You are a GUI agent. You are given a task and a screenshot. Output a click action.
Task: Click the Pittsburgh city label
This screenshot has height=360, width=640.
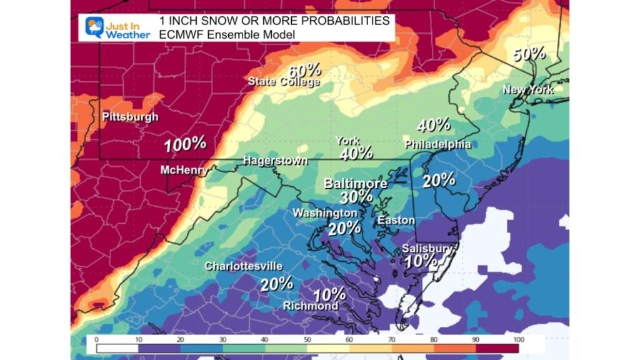coord(130,117)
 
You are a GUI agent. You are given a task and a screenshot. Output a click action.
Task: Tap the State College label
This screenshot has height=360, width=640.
coord(284,81)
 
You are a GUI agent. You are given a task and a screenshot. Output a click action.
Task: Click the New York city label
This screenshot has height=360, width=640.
coord(527,90)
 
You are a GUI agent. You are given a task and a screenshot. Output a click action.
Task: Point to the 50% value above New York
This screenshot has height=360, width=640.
coord(529,54)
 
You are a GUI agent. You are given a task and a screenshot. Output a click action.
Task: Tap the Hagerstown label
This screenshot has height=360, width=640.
coord(275,161)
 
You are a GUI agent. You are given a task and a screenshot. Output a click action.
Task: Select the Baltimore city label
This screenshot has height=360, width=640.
coord(355,184)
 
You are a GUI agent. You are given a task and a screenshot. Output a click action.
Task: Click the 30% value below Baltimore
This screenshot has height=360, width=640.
coord(356,198)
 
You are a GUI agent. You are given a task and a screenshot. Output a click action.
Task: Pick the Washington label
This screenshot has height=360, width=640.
coord(325,213)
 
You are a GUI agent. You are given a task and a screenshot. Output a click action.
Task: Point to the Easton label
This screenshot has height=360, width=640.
coord(396,221)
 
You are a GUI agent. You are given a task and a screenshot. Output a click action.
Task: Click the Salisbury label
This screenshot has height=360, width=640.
coord(427,248)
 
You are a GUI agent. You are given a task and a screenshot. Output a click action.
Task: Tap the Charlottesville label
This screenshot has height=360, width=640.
coord(243,266)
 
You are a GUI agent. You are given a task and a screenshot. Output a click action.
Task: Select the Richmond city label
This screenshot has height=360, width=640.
coord(311,306)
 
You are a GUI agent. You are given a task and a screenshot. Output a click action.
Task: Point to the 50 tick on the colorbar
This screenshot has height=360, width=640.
coord(307,338)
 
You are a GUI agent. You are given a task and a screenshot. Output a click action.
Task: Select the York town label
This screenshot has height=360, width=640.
coord(347,141)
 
